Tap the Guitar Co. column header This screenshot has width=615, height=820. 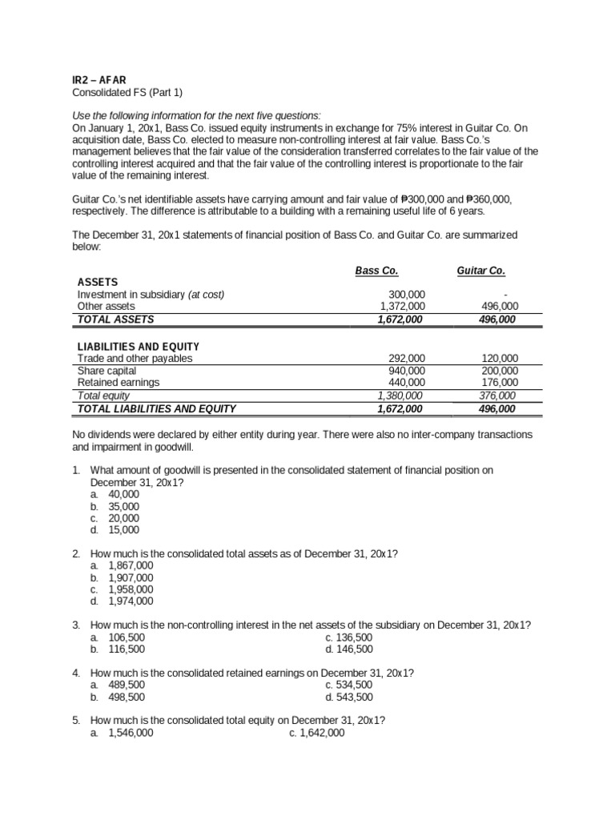pos(480,271)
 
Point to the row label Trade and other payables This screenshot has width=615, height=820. pos(135,359)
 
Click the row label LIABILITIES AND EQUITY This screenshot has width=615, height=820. pos(138,346)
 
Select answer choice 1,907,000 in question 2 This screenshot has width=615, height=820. pos(131,577)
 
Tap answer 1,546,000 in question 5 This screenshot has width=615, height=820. pos(131,733)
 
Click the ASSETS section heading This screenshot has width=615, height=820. pos(98,282)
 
